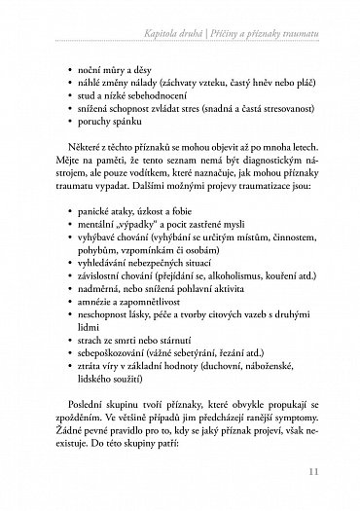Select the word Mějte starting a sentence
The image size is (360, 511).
[x=69, y=181]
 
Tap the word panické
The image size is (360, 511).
[x=92, y=237]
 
